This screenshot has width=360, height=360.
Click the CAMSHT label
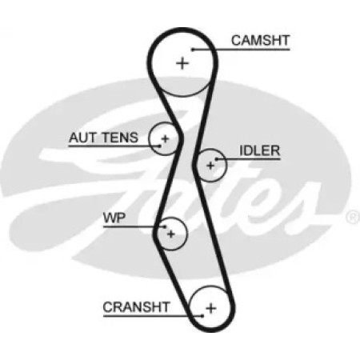[260, 41]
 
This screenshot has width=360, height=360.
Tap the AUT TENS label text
[103, 138]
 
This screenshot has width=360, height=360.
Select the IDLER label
[260, 150]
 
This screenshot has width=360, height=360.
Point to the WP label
[114, 218]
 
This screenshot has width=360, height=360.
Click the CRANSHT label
[136, 307]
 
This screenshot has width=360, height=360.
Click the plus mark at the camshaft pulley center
[182, 63]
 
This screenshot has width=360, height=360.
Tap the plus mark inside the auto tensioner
[166, 138]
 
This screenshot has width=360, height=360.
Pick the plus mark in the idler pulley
[210, 166]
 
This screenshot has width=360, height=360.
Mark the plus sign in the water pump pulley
[171, 234]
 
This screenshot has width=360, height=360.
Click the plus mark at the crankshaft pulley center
[211, 308]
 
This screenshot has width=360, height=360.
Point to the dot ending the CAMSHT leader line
[193, 50]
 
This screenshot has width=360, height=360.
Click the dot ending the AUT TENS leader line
[159, 146]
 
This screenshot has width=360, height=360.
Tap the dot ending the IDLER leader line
[217, 159]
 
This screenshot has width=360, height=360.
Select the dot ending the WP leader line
[165, 227]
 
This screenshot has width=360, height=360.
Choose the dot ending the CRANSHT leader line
[202, 316]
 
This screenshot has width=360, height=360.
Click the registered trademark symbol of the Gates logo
[353, 218]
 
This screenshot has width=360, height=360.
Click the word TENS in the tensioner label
[120, 138]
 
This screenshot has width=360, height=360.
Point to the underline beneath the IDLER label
[249, 159]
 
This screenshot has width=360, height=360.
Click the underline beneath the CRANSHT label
[153, 316]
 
